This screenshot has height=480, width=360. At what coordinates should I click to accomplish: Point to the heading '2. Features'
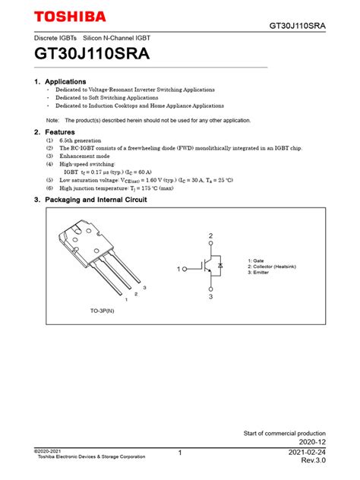pos(55,132)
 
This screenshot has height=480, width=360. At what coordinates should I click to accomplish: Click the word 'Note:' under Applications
pos(52,120)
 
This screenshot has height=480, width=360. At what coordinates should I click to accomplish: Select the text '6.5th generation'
pos(81,141)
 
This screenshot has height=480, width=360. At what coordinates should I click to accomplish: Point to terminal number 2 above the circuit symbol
pos(210,236)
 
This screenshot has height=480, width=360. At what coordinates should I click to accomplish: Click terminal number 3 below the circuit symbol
pos(210,297)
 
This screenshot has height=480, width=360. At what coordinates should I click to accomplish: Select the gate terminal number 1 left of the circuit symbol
pos(179,269)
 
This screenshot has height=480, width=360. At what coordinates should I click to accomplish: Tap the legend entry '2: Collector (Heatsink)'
pos(276,267)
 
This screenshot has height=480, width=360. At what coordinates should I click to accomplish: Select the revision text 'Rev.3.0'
pos(313,461)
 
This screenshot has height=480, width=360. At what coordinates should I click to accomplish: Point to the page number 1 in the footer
pos(180,453)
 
